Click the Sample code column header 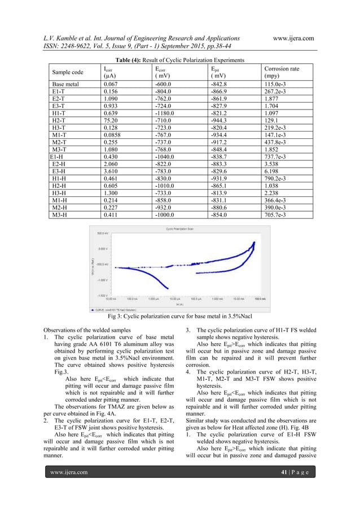pyautogui.click(x=67, y=72)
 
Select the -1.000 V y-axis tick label pyautogui.click(x=102, y=279)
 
